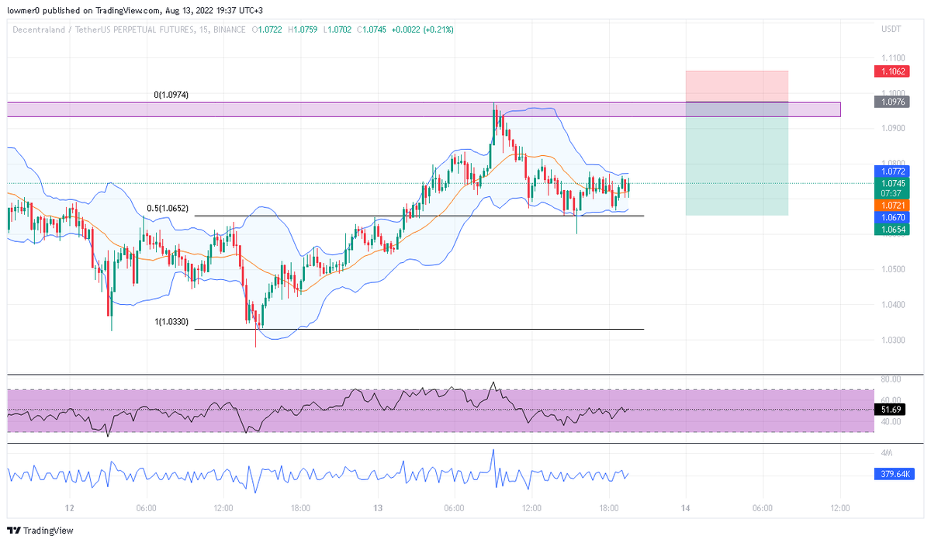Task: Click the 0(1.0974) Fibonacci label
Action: click(171, 95)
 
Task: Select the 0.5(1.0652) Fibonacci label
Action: click(168, 209)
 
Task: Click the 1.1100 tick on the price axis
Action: click(892, 58)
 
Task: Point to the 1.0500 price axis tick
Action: click(892, 269)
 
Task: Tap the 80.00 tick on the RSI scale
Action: click(890, 379)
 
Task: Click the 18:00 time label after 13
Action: click(608, 509)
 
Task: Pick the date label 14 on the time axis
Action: click(685, 509)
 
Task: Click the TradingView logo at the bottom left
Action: click(40, 531)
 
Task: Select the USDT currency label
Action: click(891, 29)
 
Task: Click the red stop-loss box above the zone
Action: click(736, 86)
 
